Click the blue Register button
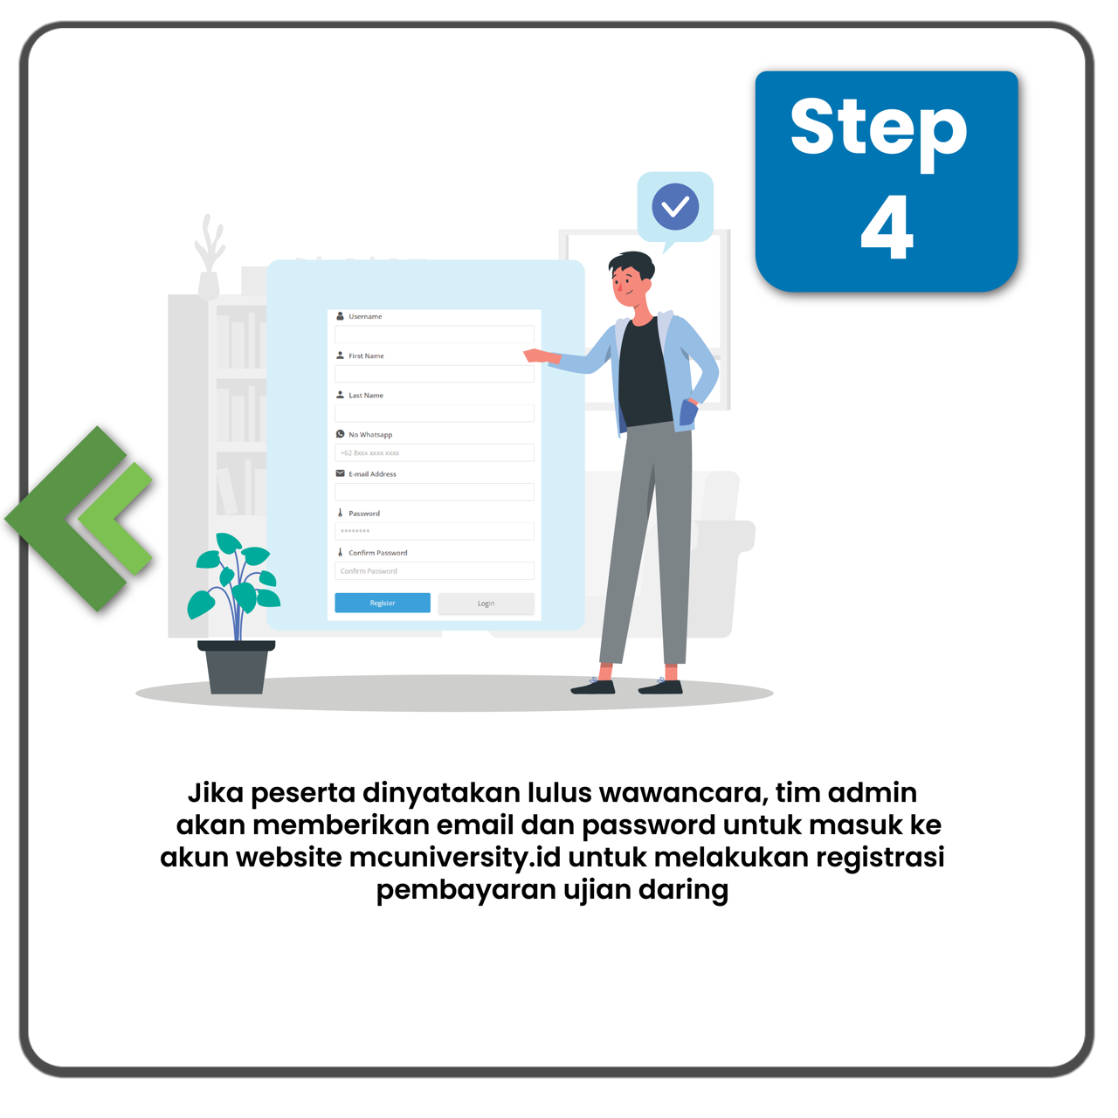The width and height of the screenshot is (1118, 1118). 383,603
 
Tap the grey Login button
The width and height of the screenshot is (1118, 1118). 487,604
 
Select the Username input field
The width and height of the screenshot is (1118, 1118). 434,335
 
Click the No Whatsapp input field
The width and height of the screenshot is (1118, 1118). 434,452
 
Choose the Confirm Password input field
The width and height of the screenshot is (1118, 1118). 434,571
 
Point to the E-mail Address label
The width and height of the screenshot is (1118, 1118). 372,474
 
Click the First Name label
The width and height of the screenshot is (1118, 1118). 366,355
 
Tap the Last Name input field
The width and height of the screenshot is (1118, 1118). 434,413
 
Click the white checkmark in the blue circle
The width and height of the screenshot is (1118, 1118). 675,206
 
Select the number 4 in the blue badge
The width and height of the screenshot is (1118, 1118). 887,227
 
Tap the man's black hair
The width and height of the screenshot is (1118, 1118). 632,265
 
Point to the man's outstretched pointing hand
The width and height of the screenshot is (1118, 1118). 536,355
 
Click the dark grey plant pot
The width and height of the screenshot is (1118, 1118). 236,667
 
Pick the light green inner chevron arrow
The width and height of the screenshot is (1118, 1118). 115,519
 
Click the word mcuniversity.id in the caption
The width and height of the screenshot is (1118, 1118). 455,858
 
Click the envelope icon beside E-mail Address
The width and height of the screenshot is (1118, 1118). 341,473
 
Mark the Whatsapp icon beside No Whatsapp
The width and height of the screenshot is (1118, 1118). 341,434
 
